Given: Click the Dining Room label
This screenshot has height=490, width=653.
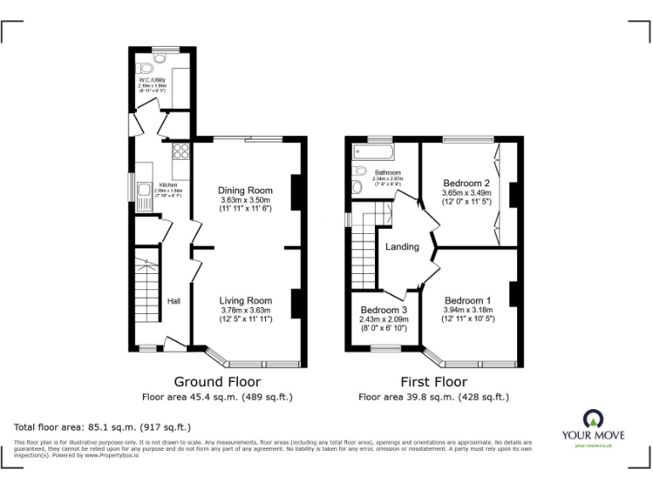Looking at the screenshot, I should [x=245, y=190].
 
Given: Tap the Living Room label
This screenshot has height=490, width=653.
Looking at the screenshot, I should [x=245, y=300].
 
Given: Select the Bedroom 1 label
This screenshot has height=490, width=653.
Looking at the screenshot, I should [x=468, y=300].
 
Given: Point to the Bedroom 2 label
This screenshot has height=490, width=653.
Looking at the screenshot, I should [x=467, y=183].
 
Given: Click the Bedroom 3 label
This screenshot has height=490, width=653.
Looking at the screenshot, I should [x=383, y=310].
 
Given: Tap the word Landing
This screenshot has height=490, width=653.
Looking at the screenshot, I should [x=402, y=247].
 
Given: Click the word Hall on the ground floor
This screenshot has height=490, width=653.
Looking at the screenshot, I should [x=173, y=301].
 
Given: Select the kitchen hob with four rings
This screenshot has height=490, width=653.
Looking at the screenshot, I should [x=180, y=151].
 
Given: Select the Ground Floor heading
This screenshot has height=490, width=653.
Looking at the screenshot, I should [x=217, y=382].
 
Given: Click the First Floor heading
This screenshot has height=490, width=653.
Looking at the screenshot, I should [x=434, y=382].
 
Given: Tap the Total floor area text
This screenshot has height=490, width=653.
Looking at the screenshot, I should [x=103, y=426].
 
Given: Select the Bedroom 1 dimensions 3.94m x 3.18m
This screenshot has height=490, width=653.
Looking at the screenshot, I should [x=468, y=311].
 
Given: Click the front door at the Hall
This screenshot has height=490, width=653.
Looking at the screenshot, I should [x=175, y=345].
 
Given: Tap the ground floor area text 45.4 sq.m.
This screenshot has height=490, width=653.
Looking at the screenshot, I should [x=217, y=396].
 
